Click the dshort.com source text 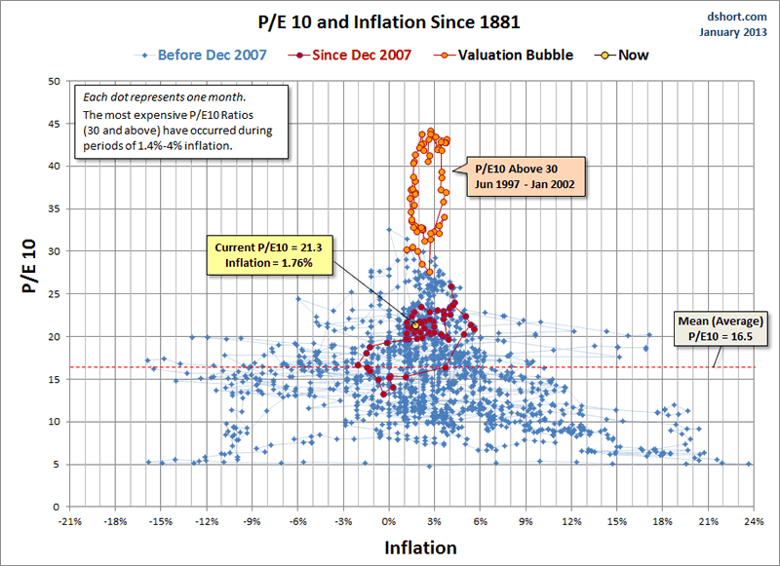click(x=737, y=16)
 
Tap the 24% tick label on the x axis click(x=754, y=523)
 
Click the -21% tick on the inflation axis click(x=68, y=523)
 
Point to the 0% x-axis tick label click(x=388, y=523)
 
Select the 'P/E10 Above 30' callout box click(x=525, y=175)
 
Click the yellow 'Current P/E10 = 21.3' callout click(x=264, y=256)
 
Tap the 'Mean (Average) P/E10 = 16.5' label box click(x=721, y=328)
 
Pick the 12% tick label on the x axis click(x=571, y=523)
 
